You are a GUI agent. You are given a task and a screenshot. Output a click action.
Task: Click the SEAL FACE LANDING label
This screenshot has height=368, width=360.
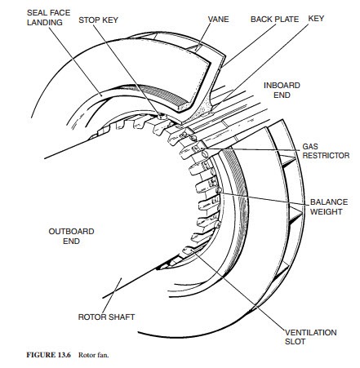pyautogui.click(x=48, y=17)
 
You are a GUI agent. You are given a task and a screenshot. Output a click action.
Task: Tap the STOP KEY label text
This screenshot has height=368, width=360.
pyautogui.click(x=98, y=20)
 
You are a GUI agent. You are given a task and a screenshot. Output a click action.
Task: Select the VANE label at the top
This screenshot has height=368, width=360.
pyautogui.click(x=218, y=20)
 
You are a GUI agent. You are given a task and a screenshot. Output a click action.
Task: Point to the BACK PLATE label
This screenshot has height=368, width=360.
pyautogui.click(x=274, y=20)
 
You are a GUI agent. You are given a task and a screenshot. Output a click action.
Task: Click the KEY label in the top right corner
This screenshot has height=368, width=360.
pyautogui.click(x=316, y=19)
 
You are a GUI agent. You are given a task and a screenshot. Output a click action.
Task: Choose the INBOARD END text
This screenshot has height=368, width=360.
pyautogui.click(x=282, y=90)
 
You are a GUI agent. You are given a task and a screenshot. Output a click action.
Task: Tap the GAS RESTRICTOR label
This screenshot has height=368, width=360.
pyautogui.click(x=326, y=151)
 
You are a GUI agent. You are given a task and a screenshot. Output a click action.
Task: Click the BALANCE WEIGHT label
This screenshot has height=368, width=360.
pyautogui.click(x=329, y=206)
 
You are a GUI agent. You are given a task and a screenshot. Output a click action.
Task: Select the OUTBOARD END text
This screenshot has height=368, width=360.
pyautogui.click(x=71, y=236)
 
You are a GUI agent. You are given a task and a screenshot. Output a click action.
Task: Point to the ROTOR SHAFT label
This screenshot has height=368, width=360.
pyautogui.click(x=106, y=317)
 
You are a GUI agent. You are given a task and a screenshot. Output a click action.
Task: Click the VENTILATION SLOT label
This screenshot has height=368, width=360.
pyautogui.click(x=310, y=337)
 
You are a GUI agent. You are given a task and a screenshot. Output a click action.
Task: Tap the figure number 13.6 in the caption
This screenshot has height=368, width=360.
pyautogui.click(x=64, y=355)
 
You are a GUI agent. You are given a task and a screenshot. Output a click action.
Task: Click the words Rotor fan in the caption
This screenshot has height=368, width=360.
pyautogui.click(x=93, y=355)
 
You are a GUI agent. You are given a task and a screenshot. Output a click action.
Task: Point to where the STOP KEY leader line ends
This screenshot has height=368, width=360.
pyautogui.click(x=160, y=116)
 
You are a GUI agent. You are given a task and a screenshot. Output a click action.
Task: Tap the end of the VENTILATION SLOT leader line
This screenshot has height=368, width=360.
pyautogui.click(x=192, y=251)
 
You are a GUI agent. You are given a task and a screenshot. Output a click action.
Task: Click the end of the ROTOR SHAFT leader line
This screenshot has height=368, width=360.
pyautogui.click(x=122, y=278)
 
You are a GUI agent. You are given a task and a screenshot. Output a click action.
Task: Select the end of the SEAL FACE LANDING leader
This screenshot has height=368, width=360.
pyautogui.click(x=102, y=95)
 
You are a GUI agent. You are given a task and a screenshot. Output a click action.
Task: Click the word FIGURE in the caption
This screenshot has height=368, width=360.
pyautogui.click(x=41, y=355)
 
